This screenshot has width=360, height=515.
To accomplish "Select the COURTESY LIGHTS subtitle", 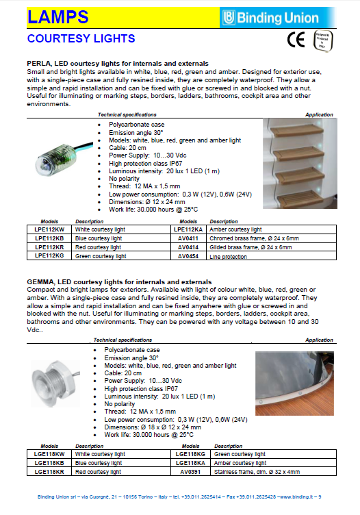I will (x=81, y=38).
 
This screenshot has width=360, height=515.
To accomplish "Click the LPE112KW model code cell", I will (x=51, y=229).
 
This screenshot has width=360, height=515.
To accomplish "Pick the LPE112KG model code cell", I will (x=51, y=255).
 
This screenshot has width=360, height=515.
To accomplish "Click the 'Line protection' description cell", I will (x=229, y=255).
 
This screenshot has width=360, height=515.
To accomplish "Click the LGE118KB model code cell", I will (x=51, y=463).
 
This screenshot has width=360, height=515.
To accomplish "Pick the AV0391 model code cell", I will (x=190, y=472).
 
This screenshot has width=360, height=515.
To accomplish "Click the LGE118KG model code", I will (x=190, y=454).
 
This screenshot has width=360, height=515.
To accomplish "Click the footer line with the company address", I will (x=179, y=497).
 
